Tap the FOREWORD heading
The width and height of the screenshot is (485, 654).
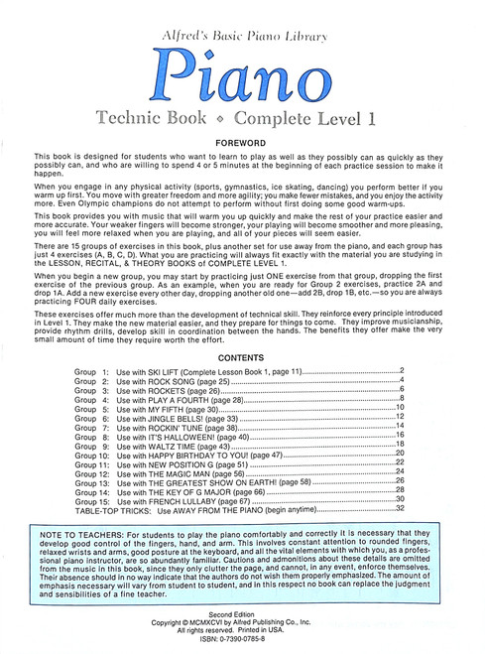tap(242, 143)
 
